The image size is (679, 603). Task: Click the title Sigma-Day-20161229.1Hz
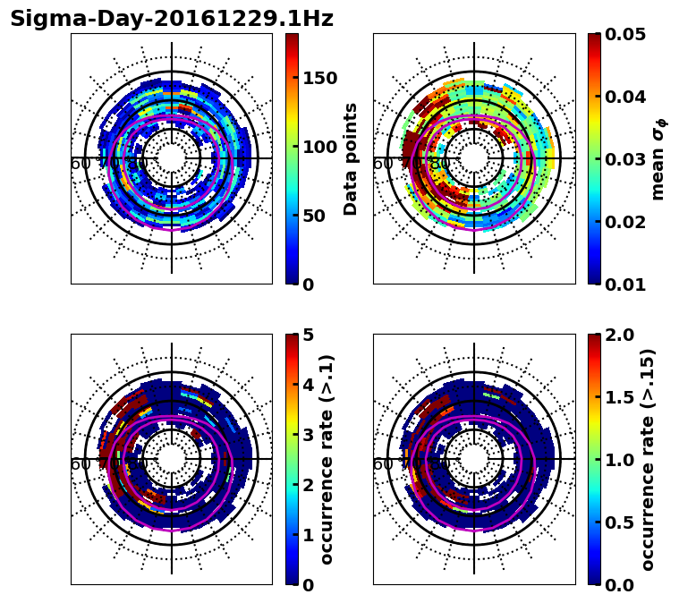coord(172,19)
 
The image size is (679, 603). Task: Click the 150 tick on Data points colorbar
coord(318,78)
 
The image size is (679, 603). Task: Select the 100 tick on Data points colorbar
coord(318,147)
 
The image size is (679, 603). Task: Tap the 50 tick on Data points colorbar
coord(313,216)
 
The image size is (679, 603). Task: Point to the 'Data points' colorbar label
coord(351,158)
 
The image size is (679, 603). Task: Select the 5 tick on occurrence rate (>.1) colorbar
coord(307,335)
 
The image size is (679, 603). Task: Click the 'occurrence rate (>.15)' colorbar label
coord(648,459)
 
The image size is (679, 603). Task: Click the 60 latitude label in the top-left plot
coord(81,164)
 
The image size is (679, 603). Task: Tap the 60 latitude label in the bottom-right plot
coord(383,464)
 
